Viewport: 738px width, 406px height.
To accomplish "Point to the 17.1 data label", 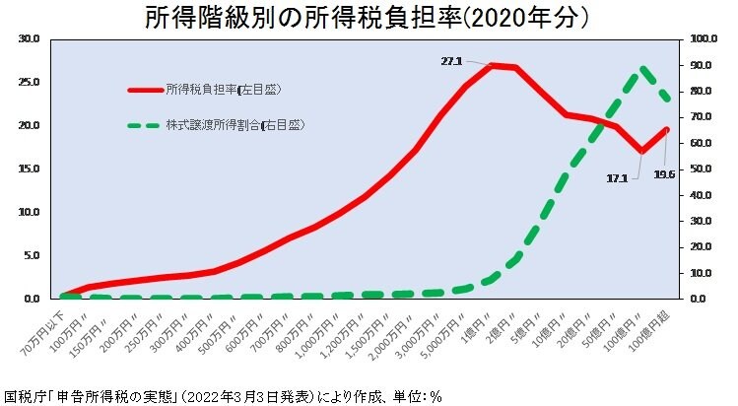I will point(618,178).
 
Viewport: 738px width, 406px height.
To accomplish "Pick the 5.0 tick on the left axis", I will point(30,255).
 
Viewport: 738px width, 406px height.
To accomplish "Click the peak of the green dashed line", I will point(643,69).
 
